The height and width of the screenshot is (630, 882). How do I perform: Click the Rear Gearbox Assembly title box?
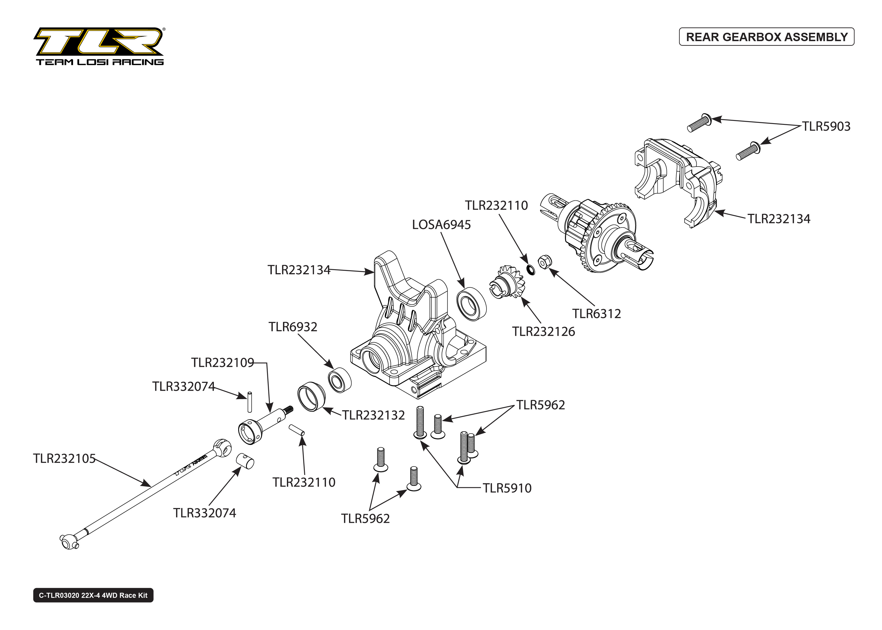point(766,37)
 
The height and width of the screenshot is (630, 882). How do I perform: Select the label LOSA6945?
point(441,225)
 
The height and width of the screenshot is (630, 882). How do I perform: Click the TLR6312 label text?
point(596,313)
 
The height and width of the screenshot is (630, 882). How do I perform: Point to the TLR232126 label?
point(543,332)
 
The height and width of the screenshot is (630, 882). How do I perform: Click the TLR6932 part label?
point(293,327)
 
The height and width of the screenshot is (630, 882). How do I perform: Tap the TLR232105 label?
point(64,458)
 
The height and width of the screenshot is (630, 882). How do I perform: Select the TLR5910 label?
point(507,488)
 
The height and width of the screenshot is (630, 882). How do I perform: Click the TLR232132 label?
point(373,415)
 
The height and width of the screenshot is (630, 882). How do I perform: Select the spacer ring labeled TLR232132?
point(312,397)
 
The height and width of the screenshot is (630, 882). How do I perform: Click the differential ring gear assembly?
point(605,237)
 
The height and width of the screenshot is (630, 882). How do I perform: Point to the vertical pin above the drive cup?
point(249,402)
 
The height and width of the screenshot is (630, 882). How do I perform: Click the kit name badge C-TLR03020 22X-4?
point(93,596)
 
